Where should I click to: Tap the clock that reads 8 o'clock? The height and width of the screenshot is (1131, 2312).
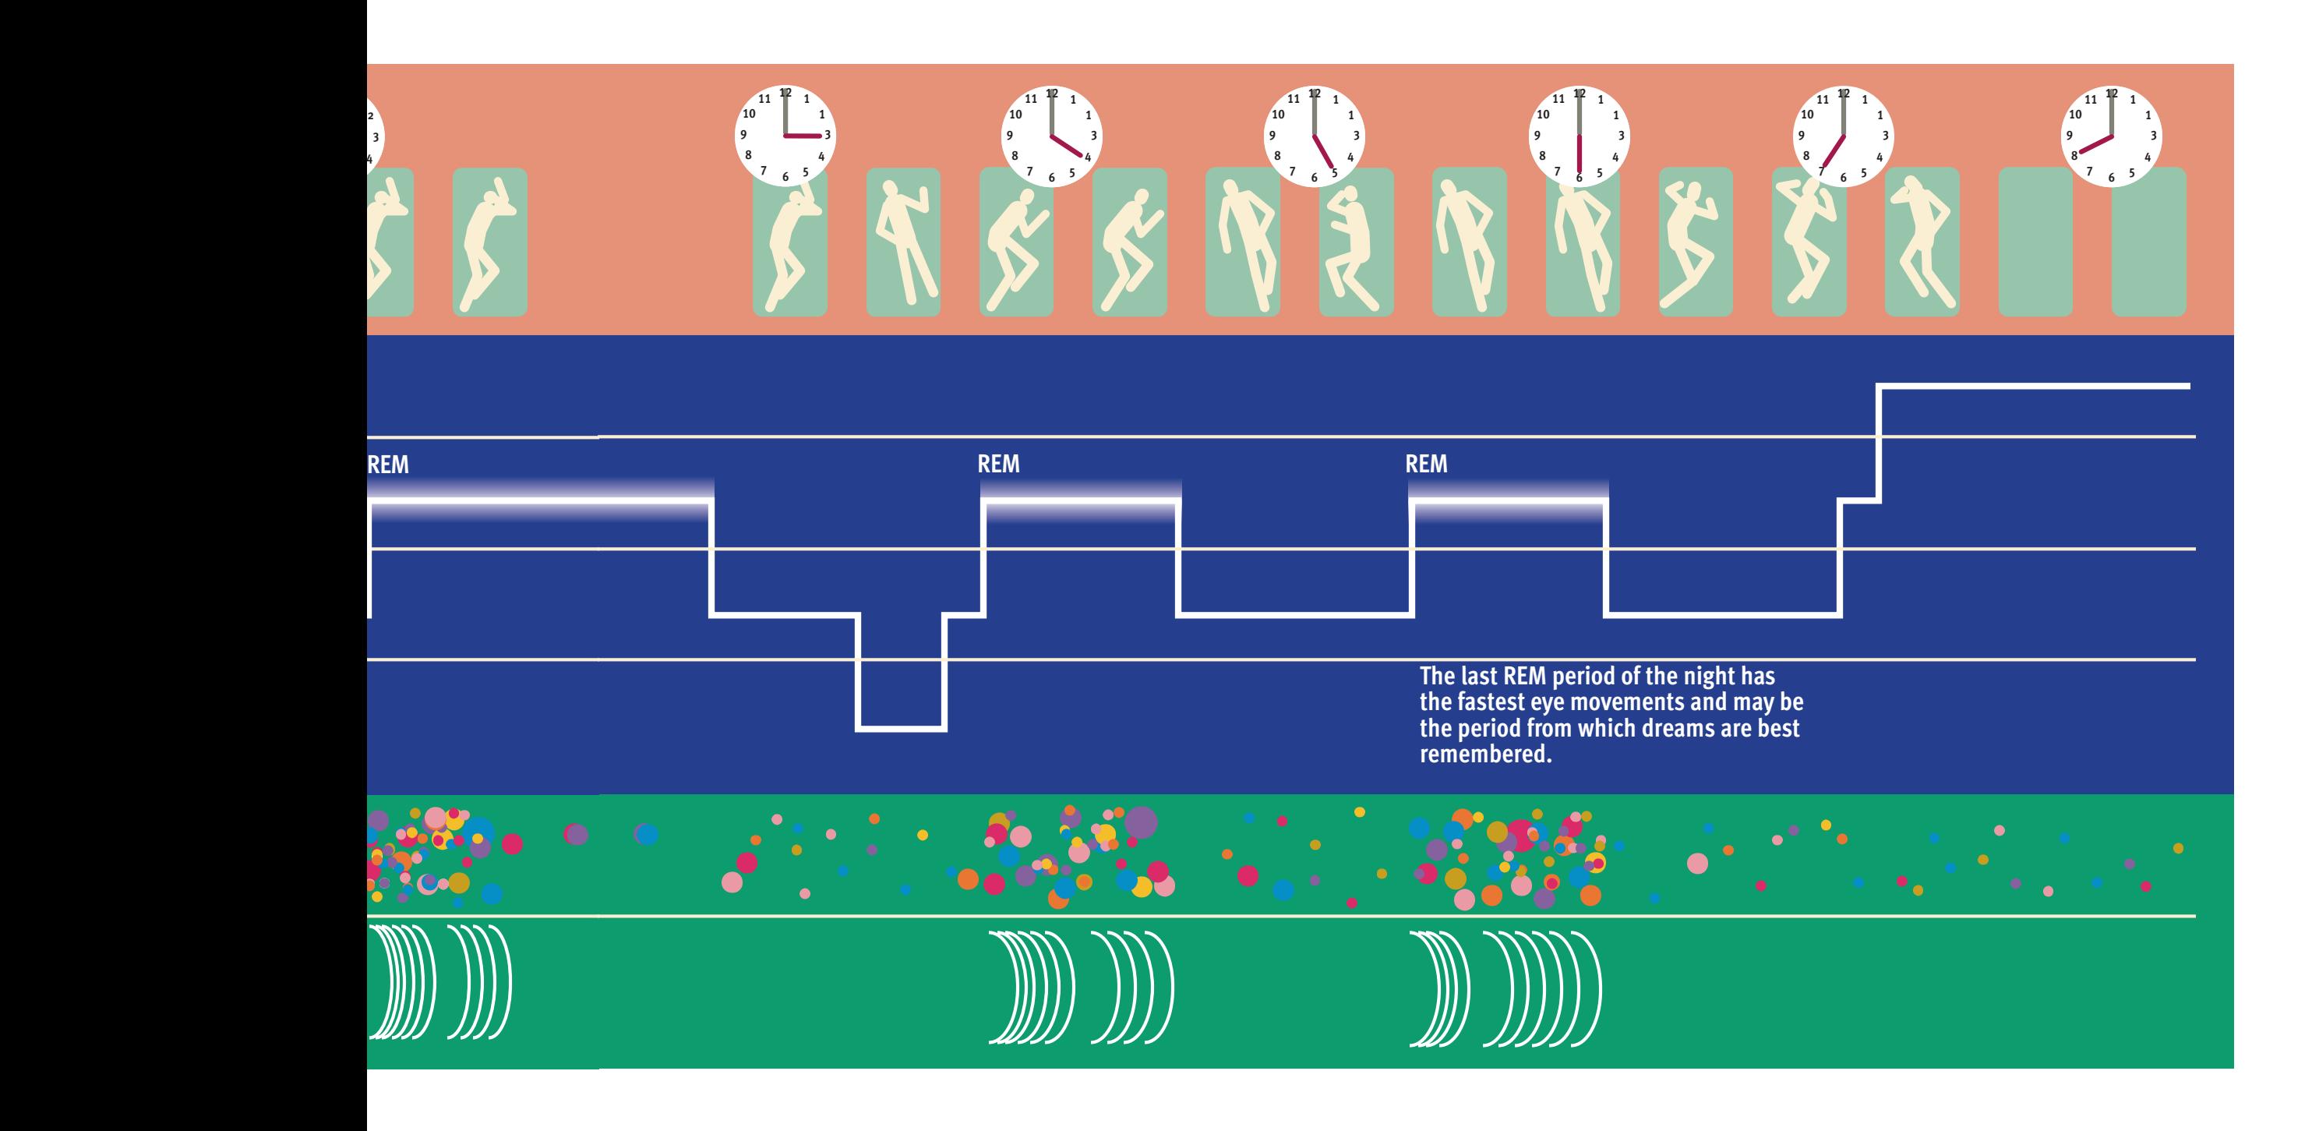2111,136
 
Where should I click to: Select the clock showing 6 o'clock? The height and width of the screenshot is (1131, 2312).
1580,136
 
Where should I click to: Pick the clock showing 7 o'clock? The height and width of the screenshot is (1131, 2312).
1844,136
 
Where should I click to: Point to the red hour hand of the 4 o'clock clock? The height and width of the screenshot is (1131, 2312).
1069,147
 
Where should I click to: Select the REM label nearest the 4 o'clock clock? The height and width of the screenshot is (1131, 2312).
998,464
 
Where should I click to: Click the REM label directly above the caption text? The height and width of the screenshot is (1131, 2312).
1425,464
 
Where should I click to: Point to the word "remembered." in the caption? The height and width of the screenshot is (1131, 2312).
1485,754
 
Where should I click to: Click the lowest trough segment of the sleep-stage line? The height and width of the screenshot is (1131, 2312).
901,728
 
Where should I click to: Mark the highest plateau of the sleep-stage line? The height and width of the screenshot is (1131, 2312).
2034,387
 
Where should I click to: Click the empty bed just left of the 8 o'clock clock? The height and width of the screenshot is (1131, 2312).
2035,242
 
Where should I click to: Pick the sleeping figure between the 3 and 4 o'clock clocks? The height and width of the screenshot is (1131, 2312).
903,242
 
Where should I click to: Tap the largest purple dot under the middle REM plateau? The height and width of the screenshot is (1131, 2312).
1141,822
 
